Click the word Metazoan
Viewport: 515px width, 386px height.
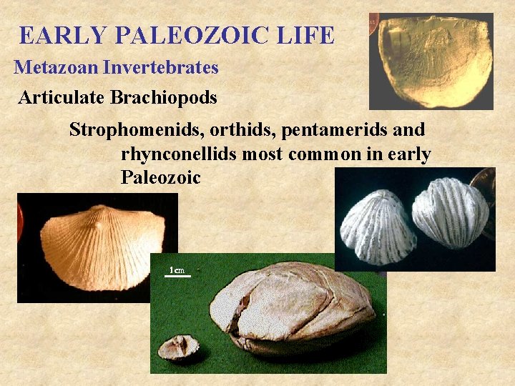coord(57,68)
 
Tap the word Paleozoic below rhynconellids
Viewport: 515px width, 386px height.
coord(161,177)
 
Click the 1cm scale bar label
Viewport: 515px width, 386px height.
coord(177,270)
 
